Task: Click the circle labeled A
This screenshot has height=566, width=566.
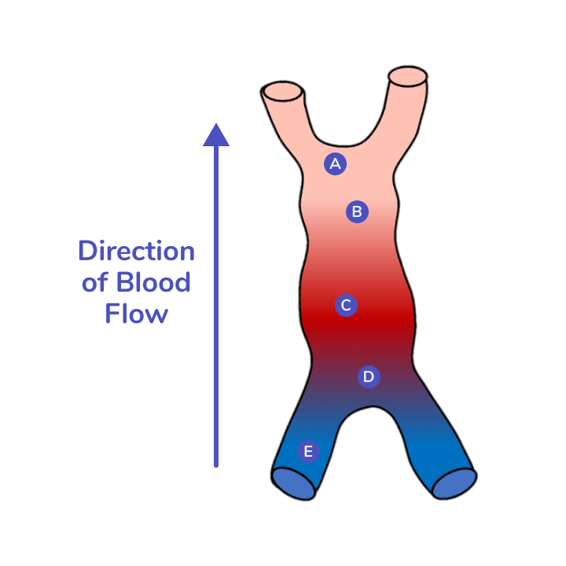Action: coord(335,164)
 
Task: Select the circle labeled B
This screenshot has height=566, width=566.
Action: coord(357,211)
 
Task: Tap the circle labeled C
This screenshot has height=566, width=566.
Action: coord(346,306)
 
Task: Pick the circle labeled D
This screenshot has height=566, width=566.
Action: coord(369,377)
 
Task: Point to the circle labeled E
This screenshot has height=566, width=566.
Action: coord(308,451)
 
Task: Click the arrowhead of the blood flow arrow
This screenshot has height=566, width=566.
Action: coord(216,135)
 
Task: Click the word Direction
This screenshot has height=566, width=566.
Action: coord(136,252)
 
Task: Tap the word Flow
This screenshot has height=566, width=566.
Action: coord(136,314)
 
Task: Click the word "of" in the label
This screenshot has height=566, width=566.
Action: coord(94,283)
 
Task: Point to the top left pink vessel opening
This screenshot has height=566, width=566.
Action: coord(283,91)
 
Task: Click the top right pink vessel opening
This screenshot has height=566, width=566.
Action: coord(408,77)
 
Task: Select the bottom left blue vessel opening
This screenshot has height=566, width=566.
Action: coord(293,483)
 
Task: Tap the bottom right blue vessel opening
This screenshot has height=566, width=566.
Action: coord(454,483)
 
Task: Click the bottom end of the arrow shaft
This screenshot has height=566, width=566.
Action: coord(216,465)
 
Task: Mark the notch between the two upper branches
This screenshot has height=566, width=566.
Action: coord(344,146)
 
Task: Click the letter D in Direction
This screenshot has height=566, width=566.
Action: coord(87,252)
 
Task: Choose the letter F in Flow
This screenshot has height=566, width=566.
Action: coord(112,314)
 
